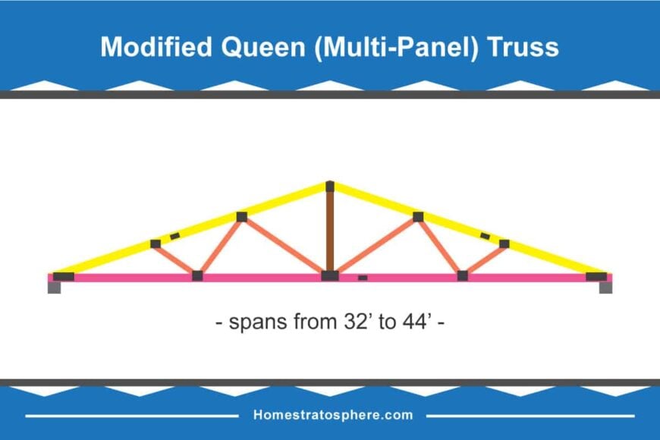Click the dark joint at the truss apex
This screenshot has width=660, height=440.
click(330, 186)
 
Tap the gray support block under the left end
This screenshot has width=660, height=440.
click(55, 288)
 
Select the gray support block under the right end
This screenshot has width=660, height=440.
click(605, 288)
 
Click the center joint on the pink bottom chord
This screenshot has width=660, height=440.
click(330, 275)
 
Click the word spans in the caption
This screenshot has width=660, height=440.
click(255, 322)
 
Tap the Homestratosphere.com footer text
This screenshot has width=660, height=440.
click(333, 415)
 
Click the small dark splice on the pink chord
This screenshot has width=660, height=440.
click(363, 278)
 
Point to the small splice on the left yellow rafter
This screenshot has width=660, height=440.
click(174, 237)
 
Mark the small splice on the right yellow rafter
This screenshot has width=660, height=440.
click(485, 236)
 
